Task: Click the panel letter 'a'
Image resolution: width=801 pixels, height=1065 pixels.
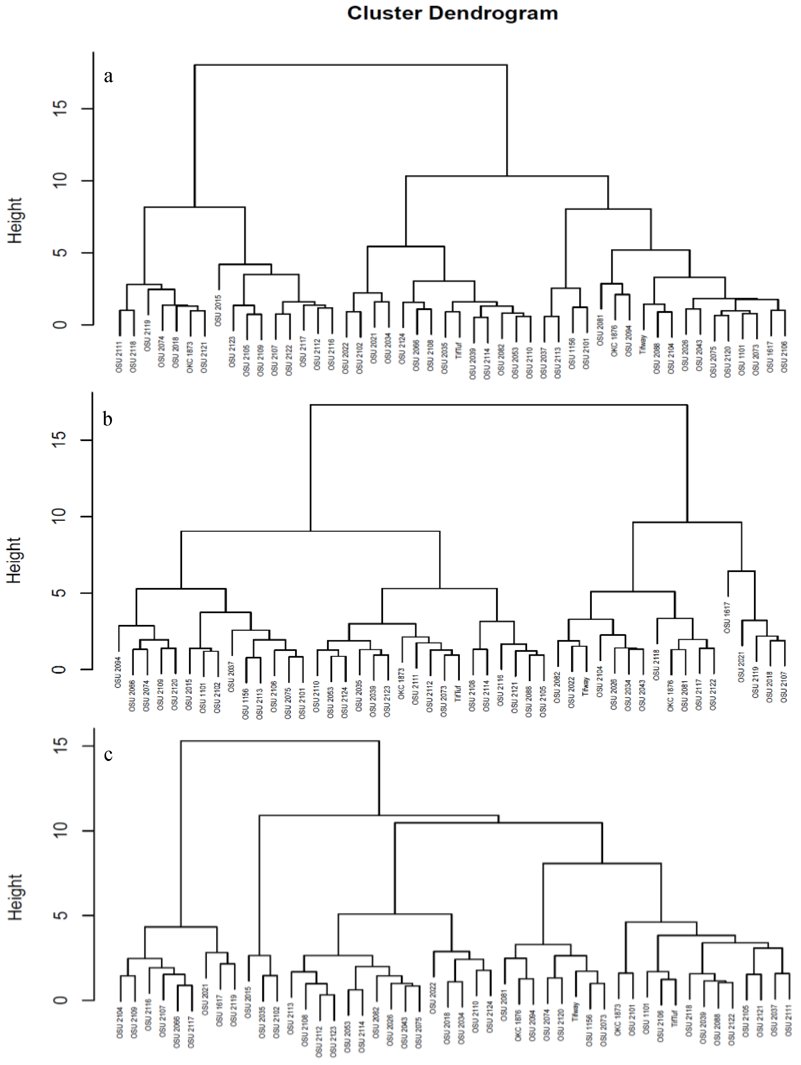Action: pyautogui.click(x=108, y=76)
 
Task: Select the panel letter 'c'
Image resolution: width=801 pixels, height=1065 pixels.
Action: pyautogui.click(x=108, y=753)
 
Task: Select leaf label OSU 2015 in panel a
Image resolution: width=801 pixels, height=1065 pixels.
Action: pyautogui.click(x=218, y=311)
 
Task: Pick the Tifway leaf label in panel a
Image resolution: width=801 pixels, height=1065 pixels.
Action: pyautogui.click(x=643, y=345)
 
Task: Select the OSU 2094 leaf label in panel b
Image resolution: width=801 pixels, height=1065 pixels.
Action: pyautogui.click(x=118, y=672)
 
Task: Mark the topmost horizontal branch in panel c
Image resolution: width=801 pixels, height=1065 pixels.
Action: pyautogui.click(x=279, y=741)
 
